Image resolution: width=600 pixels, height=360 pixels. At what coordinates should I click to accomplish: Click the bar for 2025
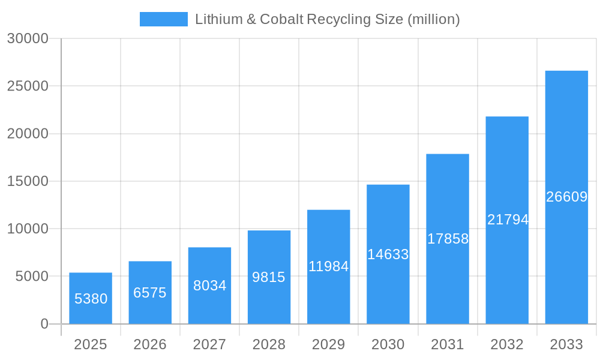click(91, 298)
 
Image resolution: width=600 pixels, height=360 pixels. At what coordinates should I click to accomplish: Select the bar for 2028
click(269, 277)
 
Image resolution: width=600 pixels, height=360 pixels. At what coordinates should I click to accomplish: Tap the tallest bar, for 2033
click(566, 197)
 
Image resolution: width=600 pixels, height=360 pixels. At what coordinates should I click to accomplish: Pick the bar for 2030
click(388, 254)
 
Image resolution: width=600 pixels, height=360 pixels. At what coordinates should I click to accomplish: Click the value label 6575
click(150, 293)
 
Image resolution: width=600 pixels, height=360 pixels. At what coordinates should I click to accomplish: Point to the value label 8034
click(209, 286)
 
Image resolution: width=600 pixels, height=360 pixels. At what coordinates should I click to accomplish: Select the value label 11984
click(329, 266)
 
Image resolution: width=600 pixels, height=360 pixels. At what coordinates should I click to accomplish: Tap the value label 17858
click(448, 239)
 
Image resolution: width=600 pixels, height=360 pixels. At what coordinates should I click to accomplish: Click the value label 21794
click(508, 220)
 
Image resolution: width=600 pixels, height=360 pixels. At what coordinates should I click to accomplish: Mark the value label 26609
click(566, 197)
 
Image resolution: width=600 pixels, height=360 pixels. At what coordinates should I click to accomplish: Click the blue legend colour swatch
click(163, 19)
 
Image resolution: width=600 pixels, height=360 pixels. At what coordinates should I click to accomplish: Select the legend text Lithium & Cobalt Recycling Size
click(327, 19)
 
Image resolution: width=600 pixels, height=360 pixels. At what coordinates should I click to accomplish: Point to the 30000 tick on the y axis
click(28, 38)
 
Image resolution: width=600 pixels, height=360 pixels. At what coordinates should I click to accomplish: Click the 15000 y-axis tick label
click(28, 181)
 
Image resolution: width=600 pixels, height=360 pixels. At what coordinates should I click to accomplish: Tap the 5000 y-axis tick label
click(31, 277)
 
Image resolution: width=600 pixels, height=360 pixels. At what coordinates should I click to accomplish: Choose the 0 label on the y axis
click(44, 324)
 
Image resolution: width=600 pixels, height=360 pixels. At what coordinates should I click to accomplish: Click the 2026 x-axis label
click(150, 344)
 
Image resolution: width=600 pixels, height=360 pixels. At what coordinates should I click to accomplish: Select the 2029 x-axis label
click(329, 344)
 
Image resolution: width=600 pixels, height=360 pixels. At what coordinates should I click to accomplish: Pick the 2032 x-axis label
click(507, 344)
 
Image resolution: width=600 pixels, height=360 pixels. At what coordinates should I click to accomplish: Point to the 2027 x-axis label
click(209, 344)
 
